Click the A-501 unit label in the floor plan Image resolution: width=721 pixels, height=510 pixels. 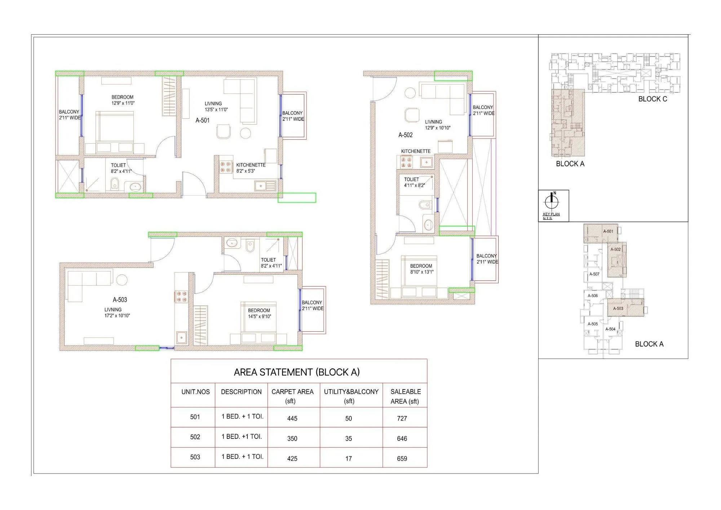[202, 120]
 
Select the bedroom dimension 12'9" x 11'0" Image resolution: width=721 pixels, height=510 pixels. [123, 103]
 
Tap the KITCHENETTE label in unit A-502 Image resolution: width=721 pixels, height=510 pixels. [416, 151]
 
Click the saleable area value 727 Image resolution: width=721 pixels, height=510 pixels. [402, 418]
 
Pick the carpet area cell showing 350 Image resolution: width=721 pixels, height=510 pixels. [292, 439]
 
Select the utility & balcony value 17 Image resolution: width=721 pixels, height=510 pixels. [348, 458]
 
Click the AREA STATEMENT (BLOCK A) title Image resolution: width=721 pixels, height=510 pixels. [297, 372]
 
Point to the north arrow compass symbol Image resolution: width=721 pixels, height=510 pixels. [551, 201]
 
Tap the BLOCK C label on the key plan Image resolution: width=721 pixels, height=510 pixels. [653, 99]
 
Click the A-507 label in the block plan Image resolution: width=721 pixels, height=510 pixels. [594, 274]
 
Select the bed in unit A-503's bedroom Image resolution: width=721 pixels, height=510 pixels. [258, 318]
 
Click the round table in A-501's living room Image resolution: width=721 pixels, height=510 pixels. [246, 133]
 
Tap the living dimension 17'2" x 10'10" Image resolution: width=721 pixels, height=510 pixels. [117, 315]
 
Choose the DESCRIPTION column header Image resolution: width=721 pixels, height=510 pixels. [241, 392]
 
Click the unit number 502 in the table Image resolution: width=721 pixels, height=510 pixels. [195, 437]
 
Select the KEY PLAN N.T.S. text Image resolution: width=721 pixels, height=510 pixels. [551, 216]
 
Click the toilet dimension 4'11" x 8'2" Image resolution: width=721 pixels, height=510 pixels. [414, 185]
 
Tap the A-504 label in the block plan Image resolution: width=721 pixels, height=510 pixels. [610, 329]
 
